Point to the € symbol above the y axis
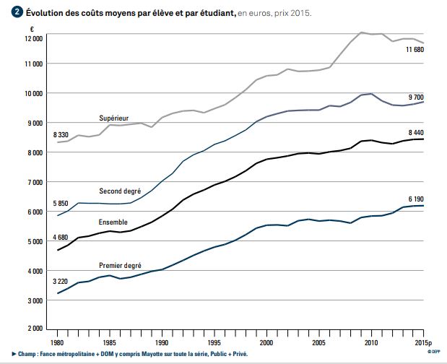32,28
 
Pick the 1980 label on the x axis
57,342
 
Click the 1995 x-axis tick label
214,342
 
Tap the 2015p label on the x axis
423,342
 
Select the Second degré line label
119,191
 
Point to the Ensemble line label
113,222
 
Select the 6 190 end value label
417,198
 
